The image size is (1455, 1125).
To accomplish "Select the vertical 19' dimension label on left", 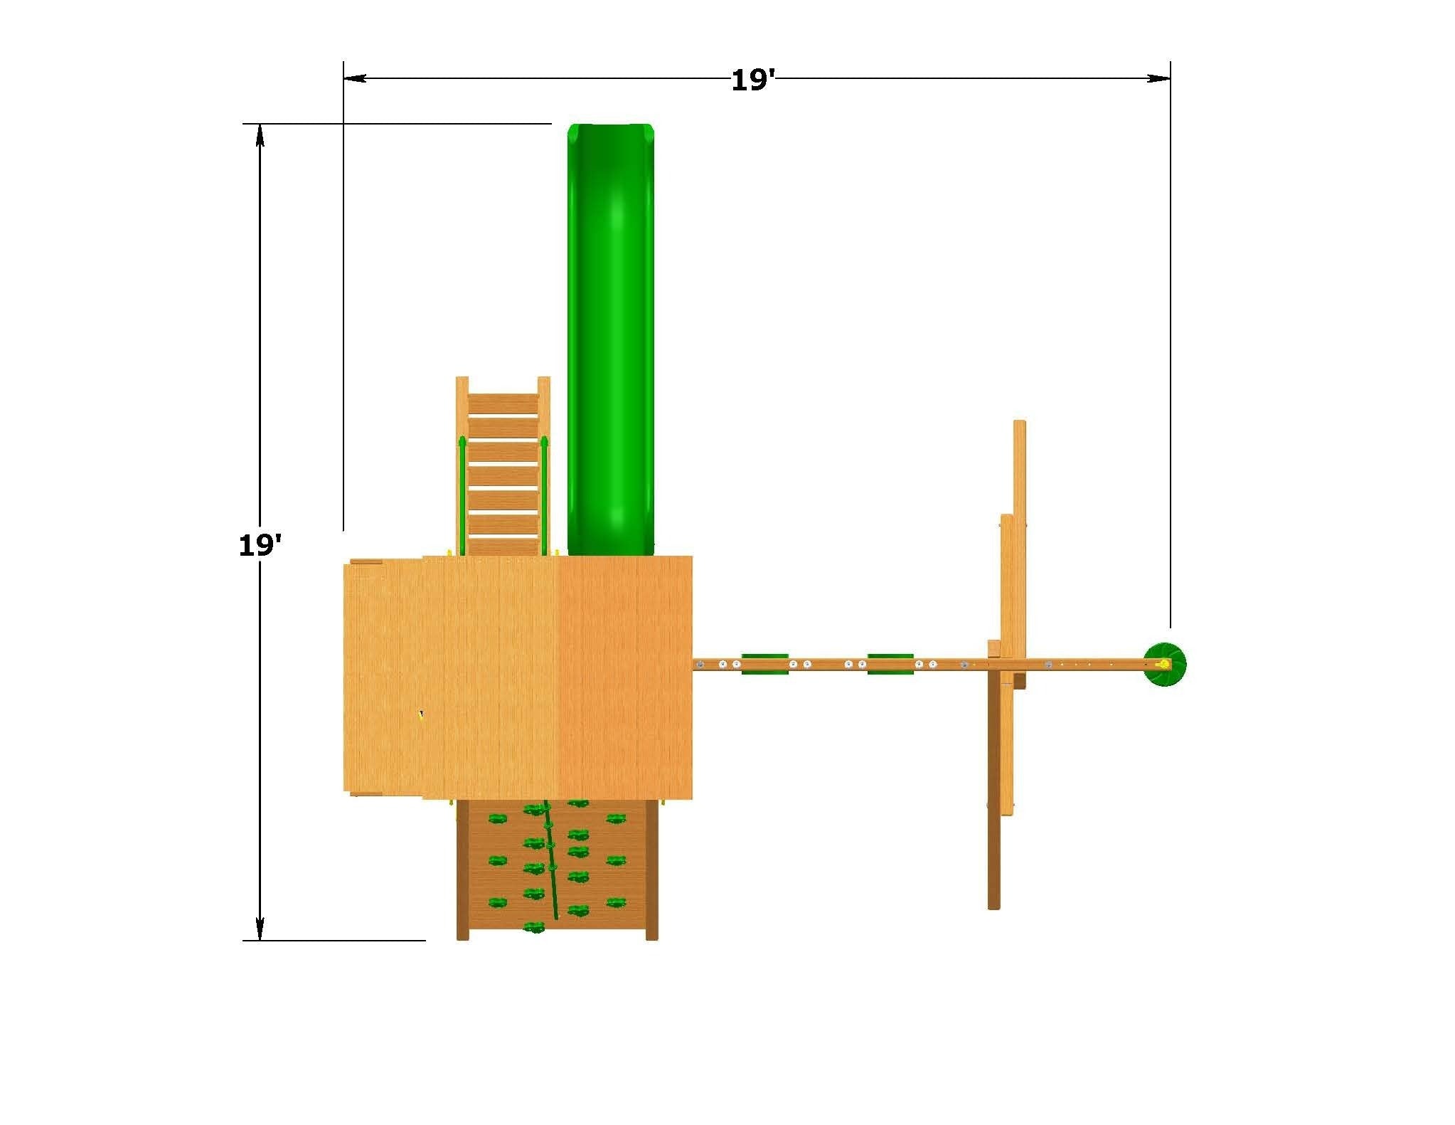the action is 260,545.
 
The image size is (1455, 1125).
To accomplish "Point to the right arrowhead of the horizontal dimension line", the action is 1159,78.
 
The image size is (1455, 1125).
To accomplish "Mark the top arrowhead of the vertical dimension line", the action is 260,135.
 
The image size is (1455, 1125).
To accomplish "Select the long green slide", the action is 610,339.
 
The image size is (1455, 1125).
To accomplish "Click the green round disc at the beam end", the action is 1164,664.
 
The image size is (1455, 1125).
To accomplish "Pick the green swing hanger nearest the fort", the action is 764,664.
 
